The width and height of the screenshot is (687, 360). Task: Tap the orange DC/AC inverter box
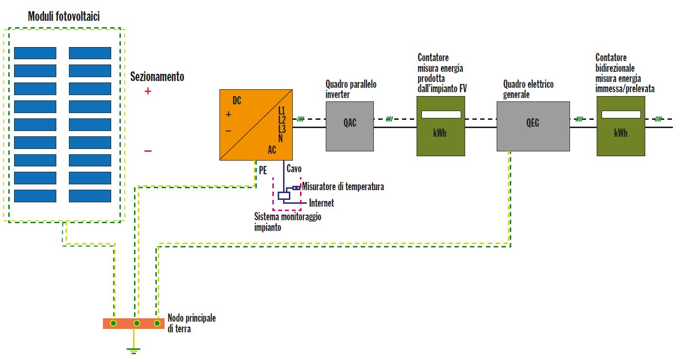[x=256, y=125]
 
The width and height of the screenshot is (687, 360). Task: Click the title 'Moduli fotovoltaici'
[x=64, y=16]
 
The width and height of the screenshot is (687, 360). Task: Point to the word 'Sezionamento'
[x=157, y=77]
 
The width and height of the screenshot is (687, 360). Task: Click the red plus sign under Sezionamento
[x=148, y=91]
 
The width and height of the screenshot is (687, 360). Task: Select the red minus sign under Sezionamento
[x=148, y=151]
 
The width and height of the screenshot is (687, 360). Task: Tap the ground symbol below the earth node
[x=132, y=349]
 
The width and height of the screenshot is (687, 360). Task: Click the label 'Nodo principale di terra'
[x=191, y=323]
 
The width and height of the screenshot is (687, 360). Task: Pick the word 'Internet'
[x=321, y=203]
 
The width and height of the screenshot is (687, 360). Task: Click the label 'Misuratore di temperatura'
[x=343, y=187]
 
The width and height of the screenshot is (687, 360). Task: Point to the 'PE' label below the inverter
[x=263, y=171]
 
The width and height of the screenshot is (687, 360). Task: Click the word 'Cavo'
[x=294, y=169]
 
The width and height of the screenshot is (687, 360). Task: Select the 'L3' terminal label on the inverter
[x=282, y=129]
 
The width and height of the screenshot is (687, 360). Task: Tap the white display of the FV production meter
[x=441, y=115]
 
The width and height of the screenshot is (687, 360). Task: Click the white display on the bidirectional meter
[x=620, y=115]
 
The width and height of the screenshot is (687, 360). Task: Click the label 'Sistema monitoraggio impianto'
[x=287, y=222]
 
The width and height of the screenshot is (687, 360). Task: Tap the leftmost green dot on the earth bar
[x=113, y=323]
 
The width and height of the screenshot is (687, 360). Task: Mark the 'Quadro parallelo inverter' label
[x=351, y=89]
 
